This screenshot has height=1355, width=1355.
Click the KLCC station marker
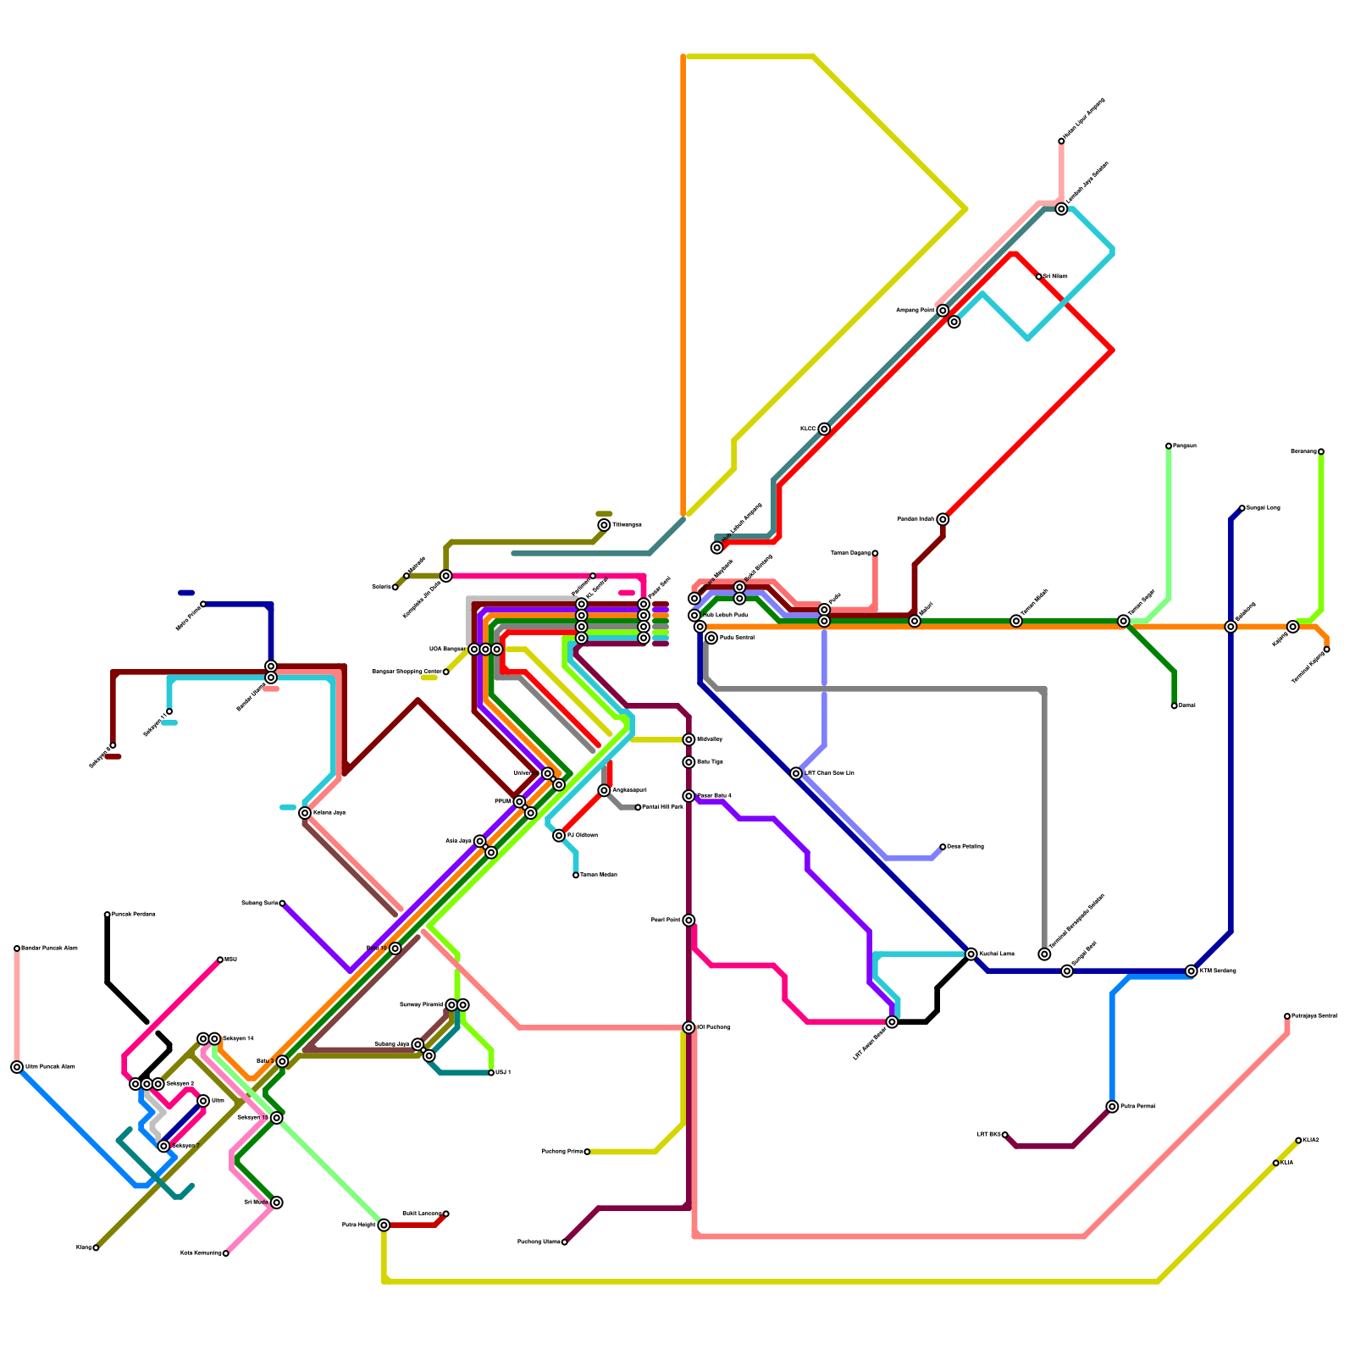[x=824, y=429]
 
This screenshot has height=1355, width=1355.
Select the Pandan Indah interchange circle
[x=943, y=519]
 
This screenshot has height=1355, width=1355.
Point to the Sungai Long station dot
[x=1242, y=508]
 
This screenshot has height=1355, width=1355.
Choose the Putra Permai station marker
[x=1112, y=1106]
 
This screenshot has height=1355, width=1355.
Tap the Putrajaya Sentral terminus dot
[x=1287, y=1016]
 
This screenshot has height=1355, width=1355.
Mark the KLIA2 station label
[x=1311, y=1140]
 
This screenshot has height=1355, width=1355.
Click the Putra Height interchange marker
[x=384, y=1225]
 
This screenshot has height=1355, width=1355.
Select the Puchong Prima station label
[x=561, y=1152]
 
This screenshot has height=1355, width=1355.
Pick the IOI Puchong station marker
[x=689, y=1027]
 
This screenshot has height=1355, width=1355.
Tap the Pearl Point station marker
[x=689, y=920]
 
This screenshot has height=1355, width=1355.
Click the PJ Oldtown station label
[x=582, y=836]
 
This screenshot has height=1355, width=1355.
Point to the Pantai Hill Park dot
[x=638, y=807]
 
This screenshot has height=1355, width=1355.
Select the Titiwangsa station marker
[x=604, y=525]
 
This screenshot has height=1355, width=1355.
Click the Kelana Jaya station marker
[x=305, y=813]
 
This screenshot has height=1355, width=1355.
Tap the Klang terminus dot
[x=96, y=1247]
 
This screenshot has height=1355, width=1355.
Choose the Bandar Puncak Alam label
[x=48, y=948]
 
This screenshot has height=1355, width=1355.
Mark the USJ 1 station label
[x=503, y=1073]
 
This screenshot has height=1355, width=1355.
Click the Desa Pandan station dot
[x=943, y=847]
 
